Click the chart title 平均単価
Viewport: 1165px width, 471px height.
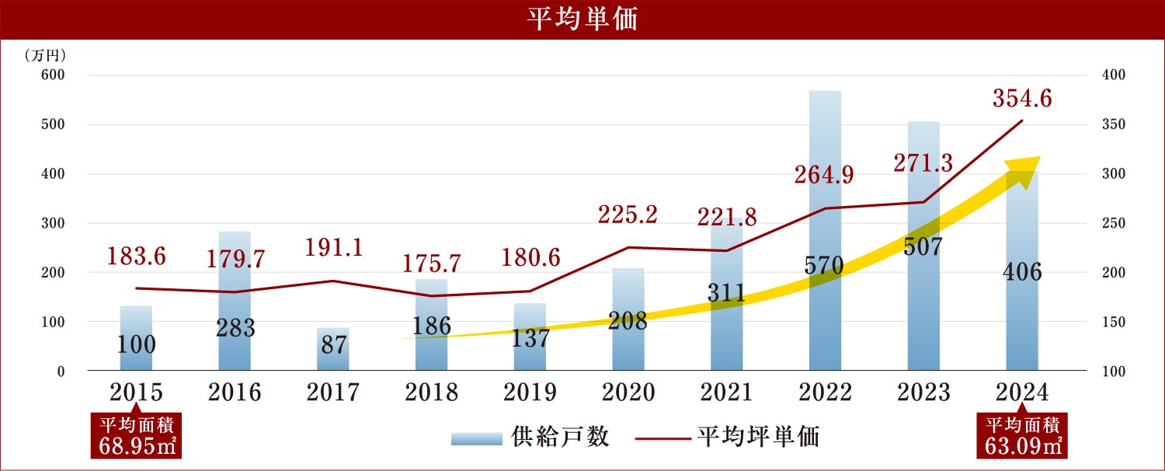coord(582,19)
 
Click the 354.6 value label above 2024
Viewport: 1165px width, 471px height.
coord(1021,99)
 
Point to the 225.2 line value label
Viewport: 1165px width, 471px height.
coord(628,214)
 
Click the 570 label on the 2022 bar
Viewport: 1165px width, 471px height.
coord(825,267)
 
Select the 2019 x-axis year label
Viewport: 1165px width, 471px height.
coord(530,392)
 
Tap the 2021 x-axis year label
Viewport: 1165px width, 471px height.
coord(726,392)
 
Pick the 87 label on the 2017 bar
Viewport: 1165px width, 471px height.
coord(333,345)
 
